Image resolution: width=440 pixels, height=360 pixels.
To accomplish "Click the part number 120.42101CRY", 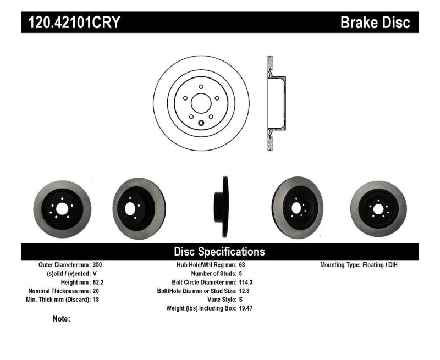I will click(x=71, y=23).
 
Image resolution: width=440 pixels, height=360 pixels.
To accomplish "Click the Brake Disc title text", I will click(x=375, y=23).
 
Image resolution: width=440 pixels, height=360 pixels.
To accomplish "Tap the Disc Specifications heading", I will click(x=219, y=252).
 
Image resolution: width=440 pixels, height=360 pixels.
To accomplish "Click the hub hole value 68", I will click(x=243, y=265).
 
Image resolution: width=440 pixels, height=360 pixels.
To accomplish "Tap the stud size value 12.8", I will click(x=245, y=291).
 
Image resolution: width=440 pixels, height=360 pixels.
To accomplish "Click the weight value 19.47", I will click(x=246, y=308).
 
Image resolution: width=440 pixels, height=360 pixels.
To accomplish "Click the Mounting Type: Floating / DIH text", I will click(x=359, y=265).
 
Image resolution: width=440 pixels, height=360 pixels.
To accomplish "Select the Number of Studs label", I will click(x=213, y=273).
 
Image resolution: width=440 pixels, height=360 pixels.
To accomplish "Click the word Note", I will click(x=61, y=319).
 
